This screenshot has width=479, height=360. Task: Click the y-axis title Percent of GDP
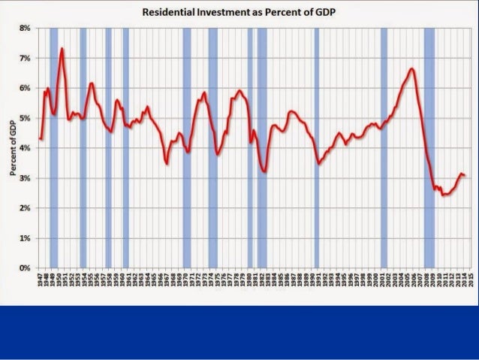(14, 148)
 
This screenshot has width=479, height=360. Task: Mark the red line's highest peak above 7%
(62, 49)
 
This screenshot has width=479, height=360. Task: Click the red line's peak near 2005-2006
(411, 68)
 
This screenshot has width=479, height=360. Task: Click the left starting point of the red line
(40, 138)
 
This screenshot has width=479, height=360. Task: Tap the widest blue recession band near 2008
(429, 148)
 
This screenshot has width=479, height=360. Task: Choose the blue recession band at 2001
(384, 148)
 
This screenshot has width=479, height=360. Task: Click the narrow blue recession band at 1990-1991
(317, 148)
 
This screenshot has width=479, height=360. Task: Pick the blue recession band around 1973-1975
(213, 148)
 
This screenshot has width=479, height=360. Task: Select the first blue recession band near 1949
(53, 148)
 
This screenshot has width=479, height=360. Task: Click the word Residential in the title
(186, 13)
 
